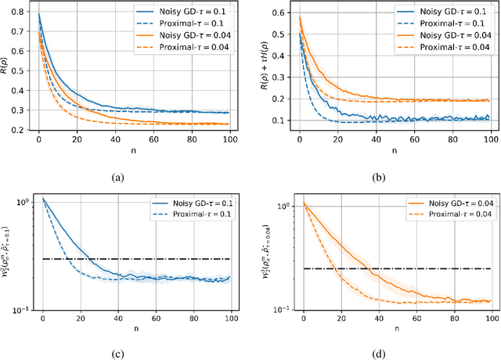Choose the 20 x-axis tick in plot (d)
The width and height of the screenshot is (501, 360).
coord(341,319)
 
